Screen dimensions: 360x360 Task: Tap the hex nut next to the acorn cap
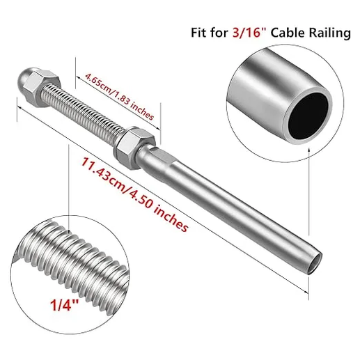point(54,89)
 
